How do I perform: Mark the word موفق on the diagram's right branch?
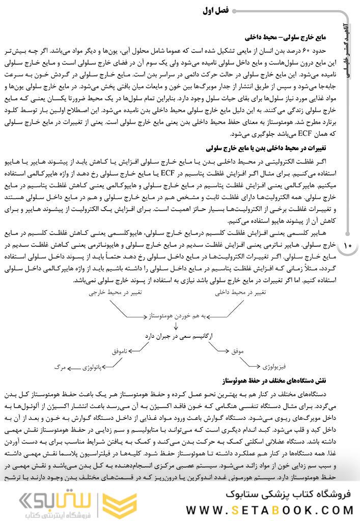238,351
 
